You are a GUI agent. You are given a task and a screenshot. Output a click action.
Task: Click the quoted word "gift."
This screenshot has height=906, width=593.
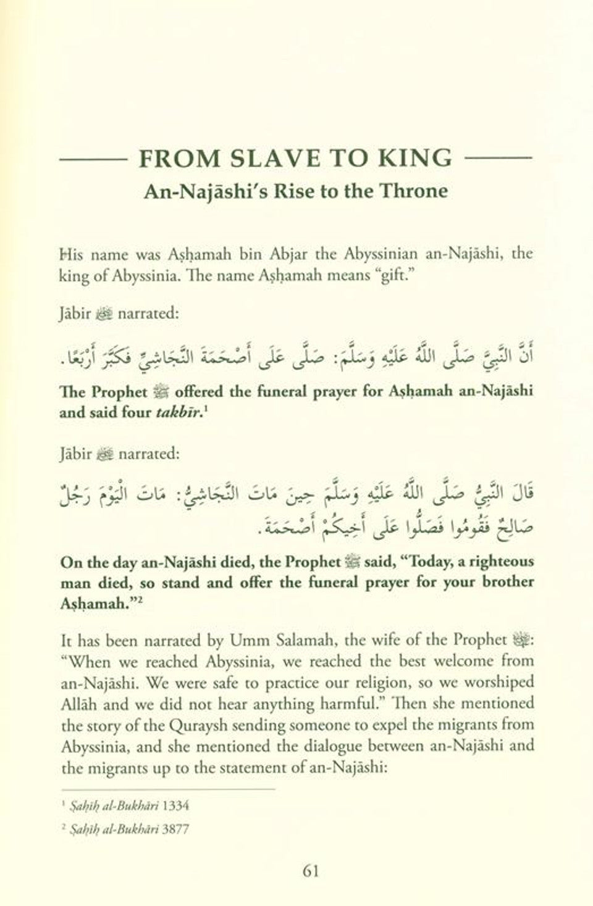point(392,275)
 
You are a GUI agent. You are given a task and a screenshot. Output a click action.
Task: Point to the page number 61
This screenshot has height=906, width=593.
point(310,871)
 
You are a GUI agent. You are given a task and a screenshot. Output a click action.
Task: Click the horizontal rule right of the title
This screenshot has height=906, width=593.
point(498,159)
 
